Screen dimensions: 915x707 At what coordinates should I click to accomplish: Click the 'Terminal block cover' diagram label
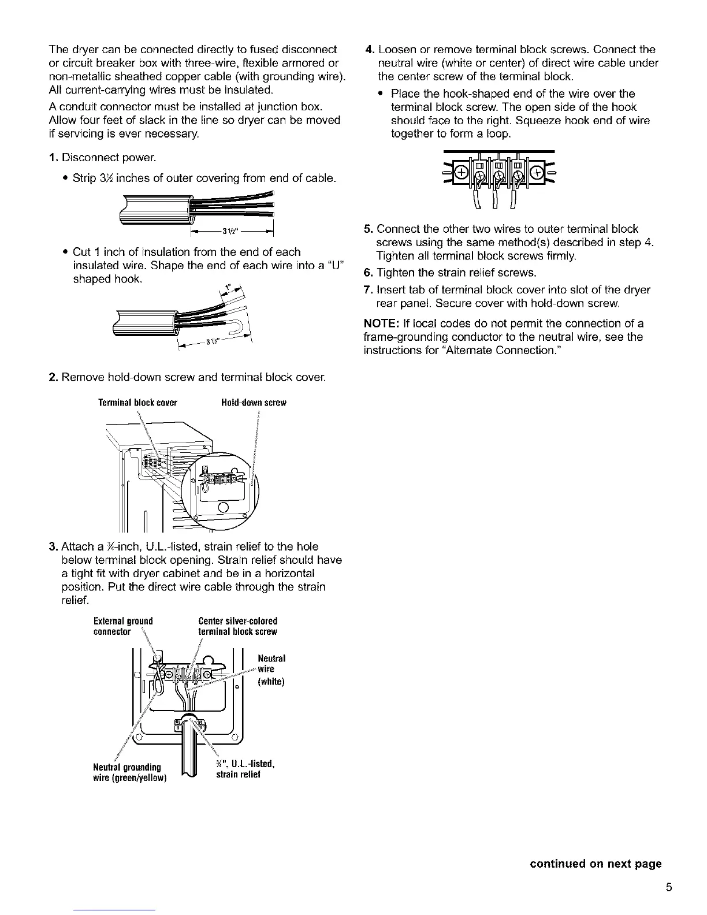pyautogui.click(x=137, y=403)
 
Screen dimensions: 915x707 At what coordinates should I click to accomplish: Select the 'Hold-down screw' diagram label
pyautogui.click(x=254, y=403)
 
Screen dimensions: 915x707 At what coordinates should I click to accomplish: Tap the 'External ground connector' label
pyautogui.click(x=123, y=626)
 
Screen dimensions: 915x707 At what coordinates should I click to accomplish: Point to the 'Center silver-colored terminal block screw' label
pyautogui.click(x=237, y=626)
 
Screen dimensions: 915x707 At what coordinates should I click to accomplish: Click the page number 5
pyautogui.click(x=668, y=888)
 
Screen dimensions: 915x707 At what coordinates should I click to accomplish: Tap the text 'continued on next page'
pyautogui.click(x=596, y=864)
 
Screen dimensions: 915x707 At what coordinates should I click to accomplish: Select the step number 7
pyautogui.click(x=367, y=290)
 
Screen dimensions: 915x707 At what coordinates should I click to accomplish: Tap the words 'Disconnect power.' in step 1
pyautogui.click(x=109, y=158)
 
